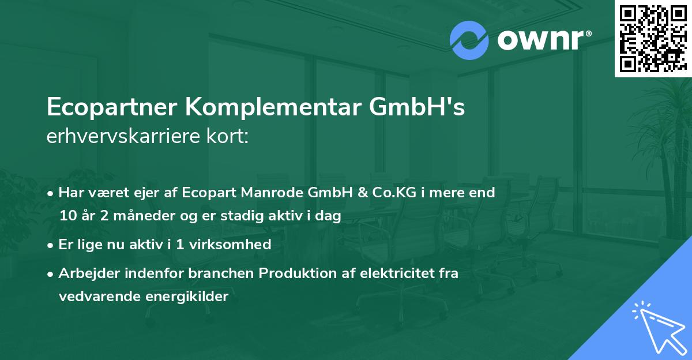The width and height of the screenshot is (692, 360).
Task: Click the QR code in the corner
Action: pyautogui.click(x=653, y=38)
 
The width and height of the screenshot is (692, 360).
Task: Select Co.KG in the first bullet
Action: pyautogui.click(x=392, y=193)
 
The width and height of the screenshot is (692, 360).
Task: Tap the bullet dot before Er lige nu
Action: pyautogui.click(x=52, y=245)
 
